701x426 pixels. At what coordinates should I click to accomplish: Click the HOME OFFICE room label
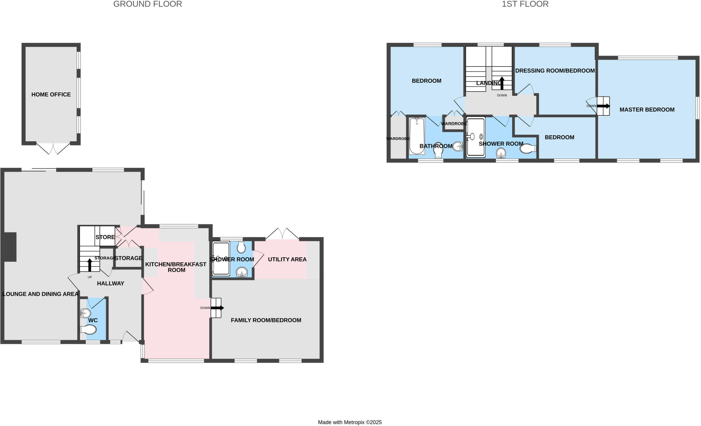51,94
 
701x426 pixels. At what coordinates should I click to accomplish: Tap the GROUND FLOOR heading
148,4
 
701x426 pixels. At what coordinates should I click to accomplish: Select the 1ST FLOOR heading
525,4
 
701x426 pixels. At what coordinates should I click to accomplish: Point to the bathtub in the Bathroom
417,136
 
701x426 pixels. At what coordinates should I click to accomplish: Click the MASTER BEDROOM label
647,109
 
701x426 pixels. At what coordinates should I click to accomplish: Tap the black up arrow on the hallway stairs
90,264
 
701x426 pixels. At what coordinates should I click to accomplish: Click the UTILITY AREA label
287,259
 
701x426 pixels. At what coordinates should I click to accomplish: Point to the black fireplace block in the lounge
10,247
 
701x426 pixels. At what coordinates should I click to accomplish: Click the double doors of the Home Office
53,149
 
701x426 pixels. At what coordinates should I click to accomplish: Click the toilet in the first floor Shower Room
527,149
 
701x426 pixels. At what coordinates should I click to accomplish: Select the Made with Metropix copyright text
349,422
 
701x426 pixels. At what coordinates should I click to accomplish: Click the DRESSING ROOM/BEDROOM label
555,70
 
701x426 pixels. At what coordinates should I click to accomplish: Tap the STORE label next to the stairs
105,237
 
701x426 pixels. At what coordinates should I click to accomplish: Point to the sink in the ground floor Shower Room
242,272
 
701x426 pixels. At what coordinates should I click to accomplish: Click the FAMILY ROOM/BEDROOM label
266,320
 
